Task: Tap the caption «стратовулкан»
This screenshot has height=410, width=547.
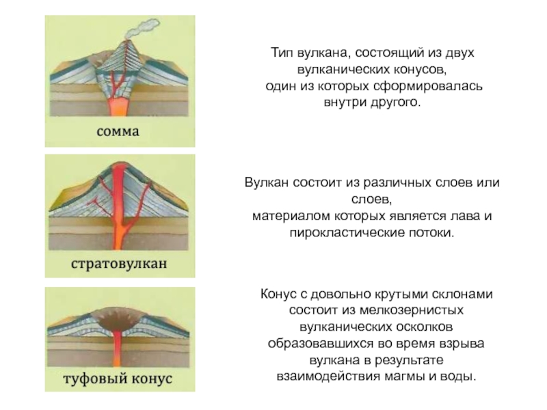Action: click(120, 263)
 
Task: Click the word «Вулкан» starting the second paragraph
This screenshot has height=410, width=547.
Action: click(267, 184)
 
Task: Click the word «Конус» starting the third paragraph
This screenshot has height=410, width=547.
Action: click(276, 295)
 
